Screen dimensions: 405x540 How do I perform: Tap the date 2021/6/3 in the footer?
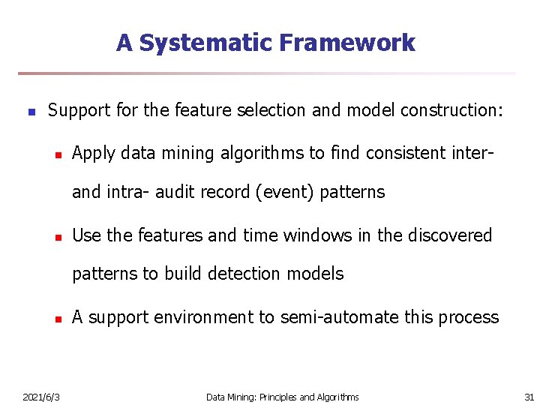(42, 397)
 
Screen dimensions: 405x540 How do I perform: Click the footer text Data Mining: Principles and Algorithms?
(282, 397)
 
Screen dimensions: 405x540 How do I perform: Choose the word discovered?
(450, 235)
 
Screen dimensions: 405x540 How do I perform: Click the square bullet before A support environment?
(56, 318)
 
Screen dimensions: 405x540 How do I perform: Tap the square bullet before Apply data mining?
(56, 154)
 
